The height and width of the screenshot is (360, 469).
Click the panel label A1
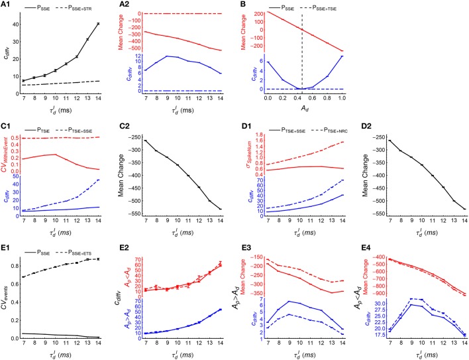[x=9, y=5]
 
